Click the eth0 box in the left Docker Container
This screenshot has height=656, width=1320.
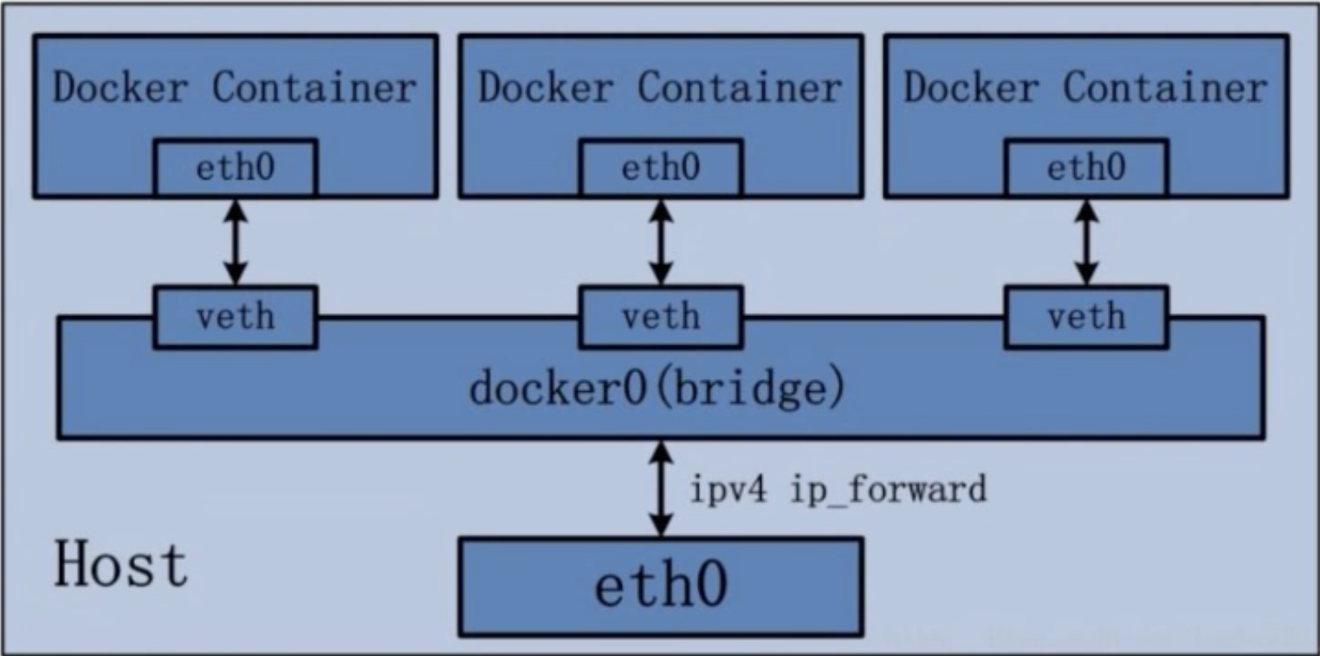click(x=235, y=167)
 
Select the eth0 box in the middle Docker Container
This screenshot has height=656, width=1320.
click(x=661, y=167)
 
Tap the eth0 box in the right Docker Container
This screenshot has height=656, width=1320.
click(x=1086, y=167)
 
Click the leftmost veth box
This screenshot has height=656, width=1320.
click(x=235, y=318)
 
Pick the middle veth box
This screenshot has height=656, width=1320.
click(x=661, y=318)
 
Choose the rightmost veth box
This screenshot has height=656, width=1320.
click(x=1086, y=318)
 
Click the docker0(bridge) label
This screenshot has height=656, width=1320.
click(x=657, y=389)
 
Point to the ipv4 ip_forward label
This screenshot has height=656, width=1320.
click(x=838, y=489)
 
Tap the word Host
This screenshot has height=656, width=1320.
click(x=120, y=564)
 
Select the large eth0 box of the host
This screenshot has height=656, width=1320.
click(x=661, y=587)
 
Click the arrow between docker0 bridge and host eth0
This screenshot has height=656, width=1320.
click(x=661, y=488)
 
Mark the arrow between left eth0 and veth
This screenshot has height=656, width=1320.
click(x=235, y=242)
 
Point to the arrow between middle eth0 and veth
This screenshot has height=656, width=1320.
click(x=661, y=242)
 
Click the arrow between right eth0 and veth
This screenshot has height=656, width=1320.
click(x=1086, y=242)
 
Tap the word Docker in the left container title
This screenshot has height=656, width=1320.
click(x=120, y=87)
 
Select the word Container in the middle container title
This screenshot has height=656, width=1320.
click(x=740, y=87)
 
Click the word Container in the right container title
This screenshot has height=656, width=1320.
click(x=1165, y=87)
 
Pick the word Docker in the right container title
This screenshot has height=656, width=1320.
click(x=971, y=87)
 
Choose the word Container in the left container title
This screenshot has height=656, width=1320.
click(x=314, y=87)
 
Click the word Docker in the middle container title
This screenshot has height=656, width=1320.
click(x=546, y=87)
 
